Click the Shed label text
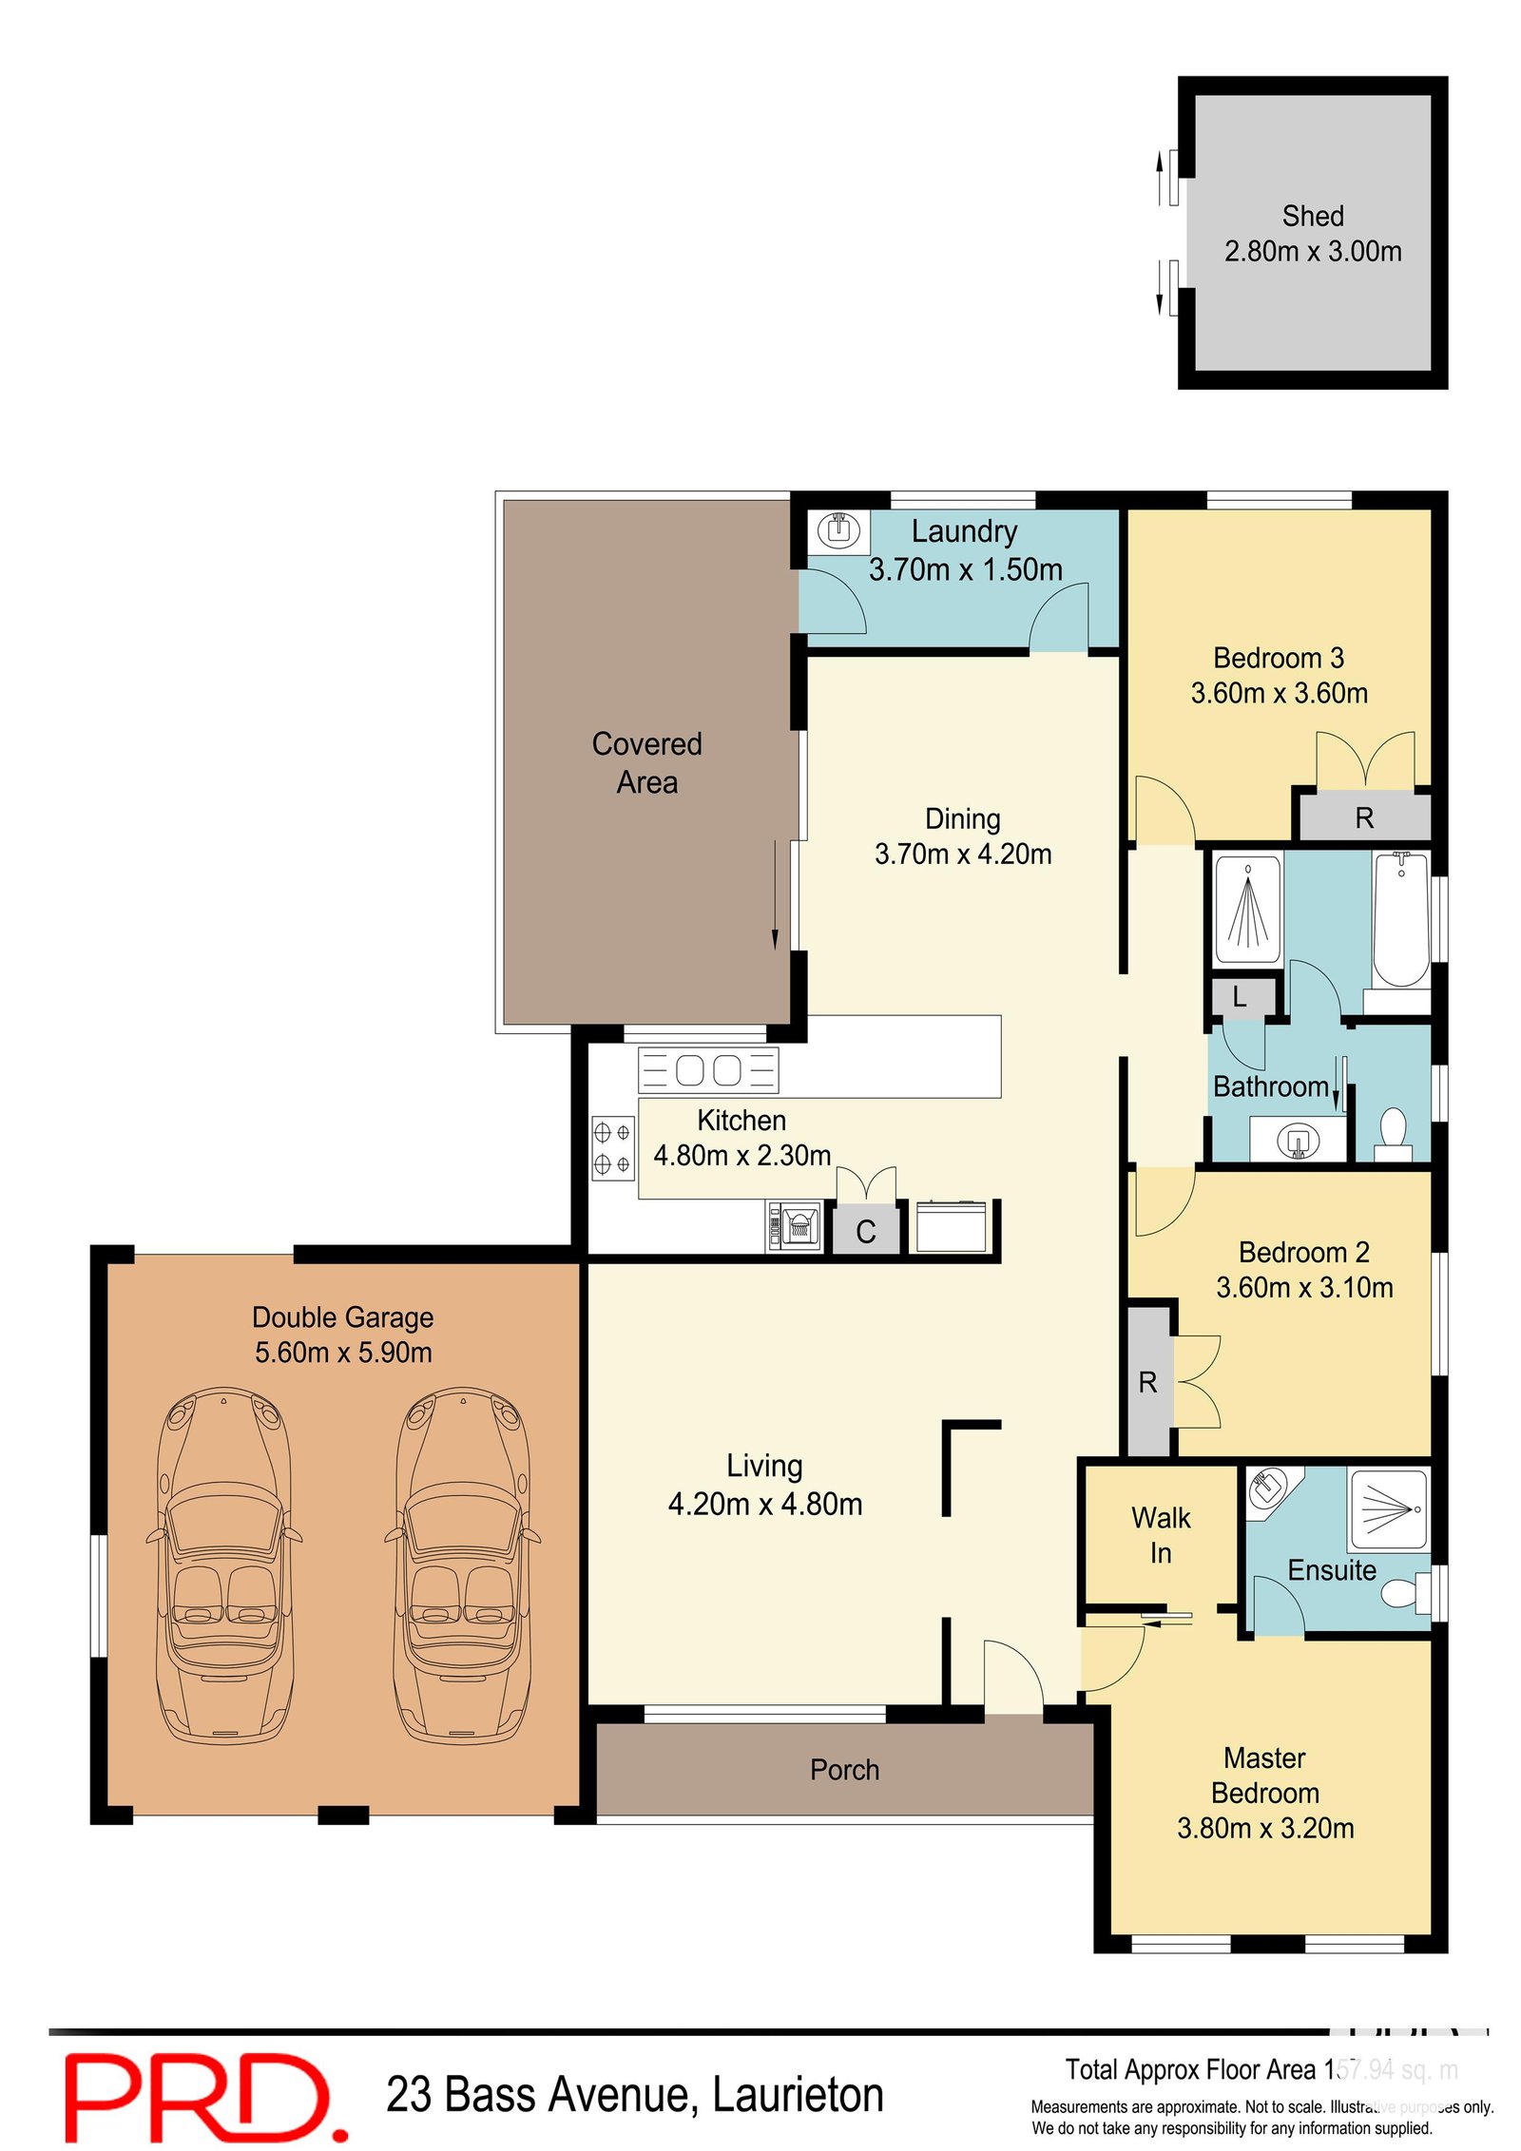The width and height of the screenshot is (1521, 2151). pos(1312,216)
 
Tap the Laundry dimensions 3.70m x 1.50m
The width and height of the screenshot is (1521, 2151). pos(965,569)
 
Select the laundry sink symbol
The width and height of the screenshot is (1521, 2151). pos(838,528)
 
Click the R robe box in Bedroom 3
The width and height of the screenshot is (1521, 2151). pos(1363,816)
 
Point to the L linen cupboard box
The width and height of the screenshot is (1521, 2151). pos(1240,997)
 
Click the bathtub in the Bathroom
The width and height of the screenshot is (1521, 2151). pos(1400,919)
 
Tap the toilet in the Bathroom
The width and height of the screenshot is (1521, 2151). pos(1393,1132)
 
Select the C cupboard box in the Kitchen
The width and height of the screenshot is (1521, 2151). pos(865,1232)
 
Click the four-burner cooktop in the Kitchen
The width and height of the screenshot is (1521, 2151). pos(612,1147)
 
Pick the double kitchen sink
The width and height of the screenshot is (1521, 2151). pos(708,1070)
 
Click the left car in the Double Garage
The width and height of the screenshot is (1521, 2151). pos(224,1565)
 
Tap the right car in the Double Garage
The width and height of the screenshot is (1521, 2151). pos(462,1565)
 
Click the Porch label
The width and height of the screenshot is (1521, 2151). pos(844,1770)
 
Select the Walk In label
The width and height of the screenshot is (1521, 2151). pos(1160,1535)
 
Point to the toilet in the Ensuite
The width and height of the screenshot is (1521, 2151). pos(1403,1591)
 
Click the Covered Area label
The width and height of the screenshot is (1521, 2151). pos(646,762)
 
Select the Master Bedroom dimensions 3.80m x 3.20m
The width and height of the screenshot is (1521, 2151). pos(1264,1828)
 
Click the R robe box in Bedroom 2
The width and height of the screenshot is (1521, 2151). pos(1147,1382)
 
